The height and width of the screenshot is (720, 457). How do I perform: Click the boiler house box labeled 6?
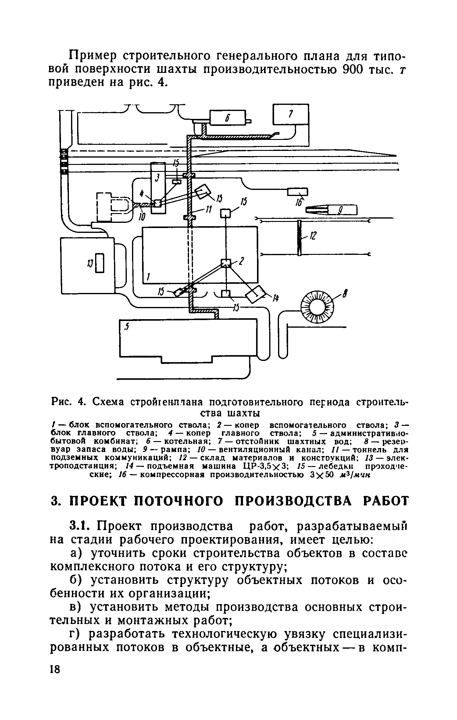pos(227,117)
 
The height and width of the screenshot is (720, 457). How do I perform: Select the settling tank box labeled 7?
pos(291,114)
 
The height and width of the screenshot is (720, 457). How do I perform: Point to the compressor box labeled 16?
pos(298,192)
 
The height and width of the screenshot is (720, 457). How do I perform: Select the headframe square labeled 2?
pos(226,263)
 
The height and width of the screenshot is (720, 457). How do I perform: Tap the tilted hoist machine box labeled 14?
pos(257,294)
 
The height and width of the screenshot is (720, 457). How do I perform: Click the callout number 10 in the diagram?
pos(142,216)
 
